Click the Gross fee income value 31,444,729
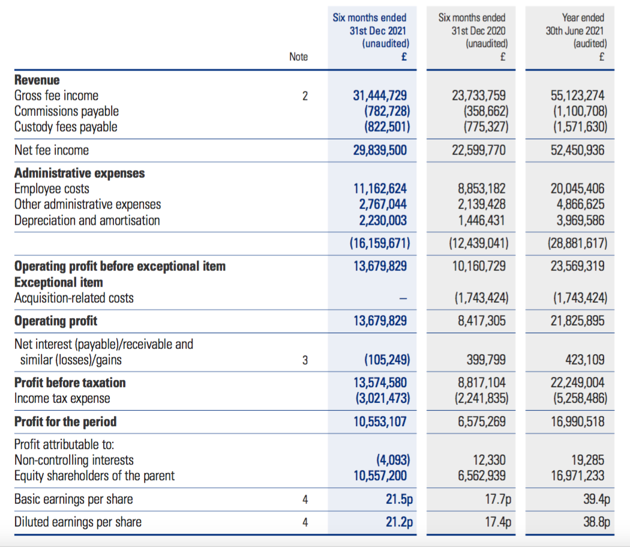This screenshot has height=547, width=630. pos(380,95)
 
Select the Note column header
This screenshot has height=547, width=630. pos(299,56)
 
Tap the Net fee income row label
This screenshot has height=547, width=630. pos(52,150)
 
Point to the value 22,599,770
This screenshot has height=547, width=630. pos(479,150)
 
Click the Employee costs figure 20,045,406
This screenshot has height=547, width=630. pos(577,188)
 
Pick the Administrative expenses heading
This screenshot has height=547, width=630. pos(80,173)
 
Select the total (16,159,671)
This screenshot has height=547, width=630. pos(380,243)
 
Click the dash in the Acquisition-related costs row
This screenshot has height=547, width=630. pos(403,298)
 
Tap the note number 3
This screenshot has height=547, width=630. pos(305,360)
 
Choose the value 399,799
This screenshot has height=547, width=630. pos(486,359)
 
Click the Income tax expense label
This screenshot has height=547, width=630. pos(62,398)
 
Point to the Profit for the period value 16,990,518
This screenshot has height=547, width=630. pos(577,422)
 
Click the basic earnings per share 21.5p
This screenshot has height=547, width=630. pos(400,499)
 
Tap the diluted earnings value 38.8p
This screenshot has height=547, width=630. pos(596,522)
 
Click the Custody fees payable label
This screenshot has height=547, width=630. pos(66,127)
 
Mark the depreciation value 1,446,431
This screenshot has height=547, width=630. pos(482,220)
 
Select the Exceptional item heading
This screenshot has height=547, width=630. pos(59,282)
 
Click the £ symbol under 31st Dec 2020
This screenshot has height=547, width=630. pos(503,56)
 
